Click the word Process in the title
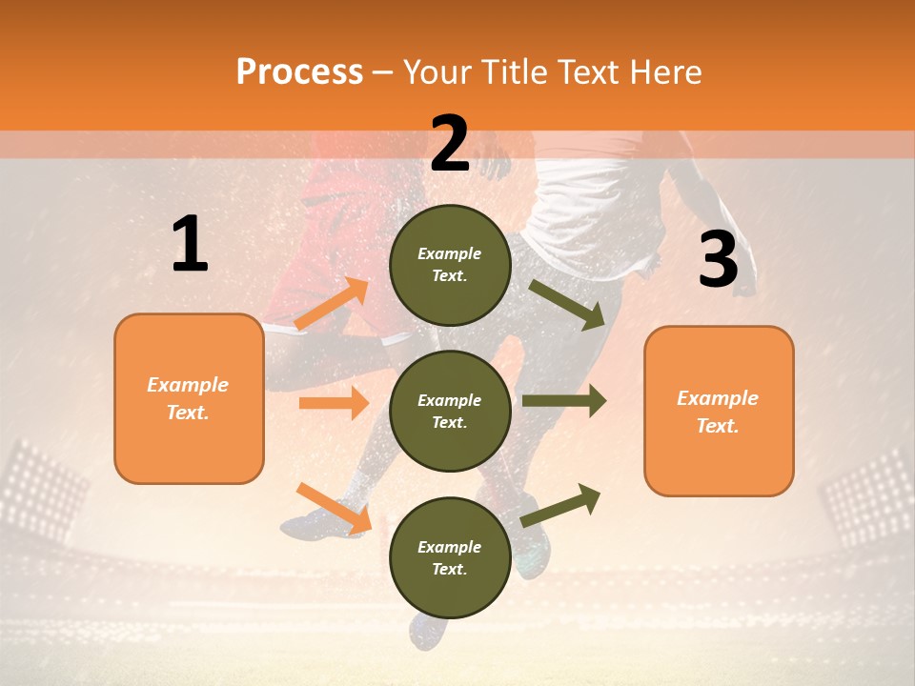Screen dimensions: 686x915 pyautogui.click(x=299, y=72)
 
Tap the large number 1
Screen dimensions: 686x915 pyautogui.click(x=190, y=244)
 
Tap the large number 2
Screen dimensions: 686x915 pyautogui.click(x=450, y=144)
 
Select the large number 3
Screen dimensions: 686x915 pyautogui.click(x=718, y=260)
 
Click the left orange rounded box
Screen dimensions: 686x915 pyautogui.click(x=189, y=398)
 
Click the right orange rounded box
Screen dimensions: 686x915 pyautogui.click(x=719, y=411)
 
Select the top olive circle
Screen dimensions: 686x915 pyautogui.click(x=450, y=265)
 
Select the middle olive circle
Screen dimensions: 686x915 pyautogui.click(x=450, y=411)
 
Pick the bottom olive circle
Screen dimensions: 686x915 pyautogui.click(x=450, y=557)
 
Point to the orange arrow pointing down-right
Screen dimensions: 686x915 pyautogui.click(x=334, y=508)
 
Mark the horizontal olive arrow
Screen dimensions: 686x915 pyautogui.click(x=563, y=401)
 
